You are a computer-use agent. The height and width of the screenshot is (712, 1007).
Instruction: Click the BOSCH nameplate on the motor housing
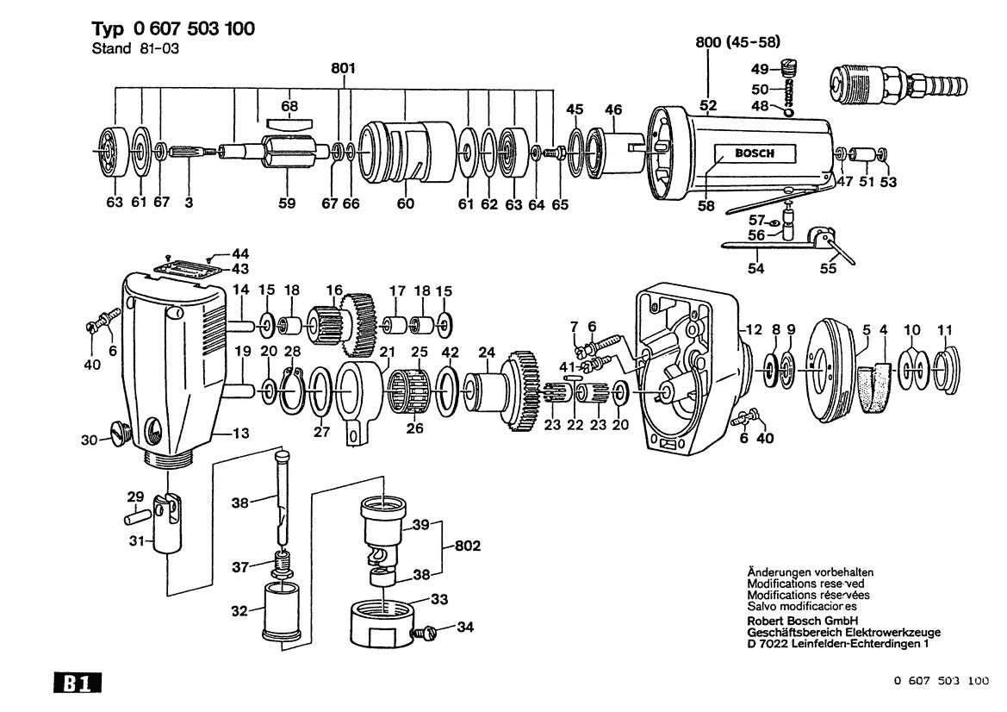754,153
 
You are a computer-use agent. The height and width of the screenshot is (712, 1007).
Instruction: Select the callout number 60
405,204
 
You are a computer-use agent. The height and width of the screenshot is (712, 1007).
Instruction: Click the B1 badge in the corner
78,684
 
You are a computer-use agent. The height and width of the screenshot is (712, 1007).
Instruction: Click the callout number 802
468,546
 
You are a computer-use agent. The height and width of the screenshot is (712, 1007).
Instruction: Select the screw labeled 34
425,632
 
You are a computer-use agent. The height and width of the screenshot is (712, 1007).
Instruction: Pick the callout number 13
243,433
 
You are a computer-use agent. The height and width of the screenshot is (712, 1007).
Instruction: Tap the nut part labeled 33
382,620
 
